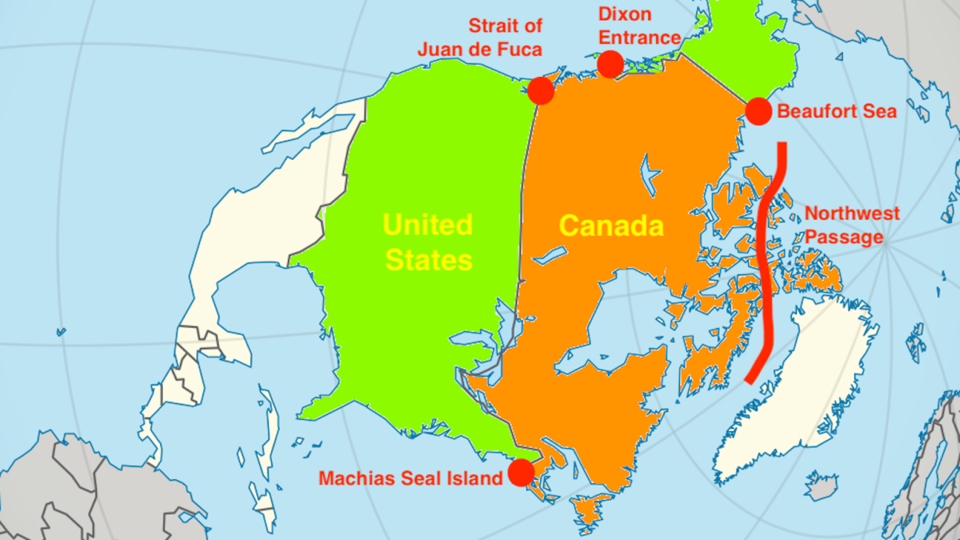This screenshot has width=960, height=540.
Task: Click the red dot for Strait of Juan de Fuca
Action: (x=541, y=90)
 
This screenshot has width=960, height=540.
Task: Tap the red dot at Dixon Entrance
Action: (x=610, y=64)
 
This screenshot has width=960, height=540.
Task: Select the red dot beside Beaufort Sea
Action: (x=758, y=111)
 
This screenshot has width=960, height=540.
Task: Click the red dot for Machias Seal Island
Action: (x=521, y=473)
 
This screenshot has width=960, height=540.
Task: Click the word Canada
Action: (x=611, y=226)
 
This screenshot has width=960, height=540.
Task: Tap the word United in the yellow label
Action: (x=428, y=225)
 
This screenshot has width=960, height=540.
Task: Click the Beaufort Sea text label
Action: (x=836, y=112)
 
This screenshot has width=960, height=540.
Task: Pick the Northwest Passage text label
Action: (x=851, y=226)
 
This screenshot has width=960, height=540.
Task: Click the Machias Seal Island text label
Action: (x=410, y=478)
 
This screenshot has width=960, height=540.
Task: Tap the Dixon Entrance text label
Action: (x=639, y=26)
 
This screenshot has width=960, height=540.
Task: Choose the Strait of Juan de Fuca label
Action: (x=480, y=37)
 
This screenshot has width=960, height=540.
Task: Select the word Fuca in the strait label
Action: (x=518, y=49)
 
